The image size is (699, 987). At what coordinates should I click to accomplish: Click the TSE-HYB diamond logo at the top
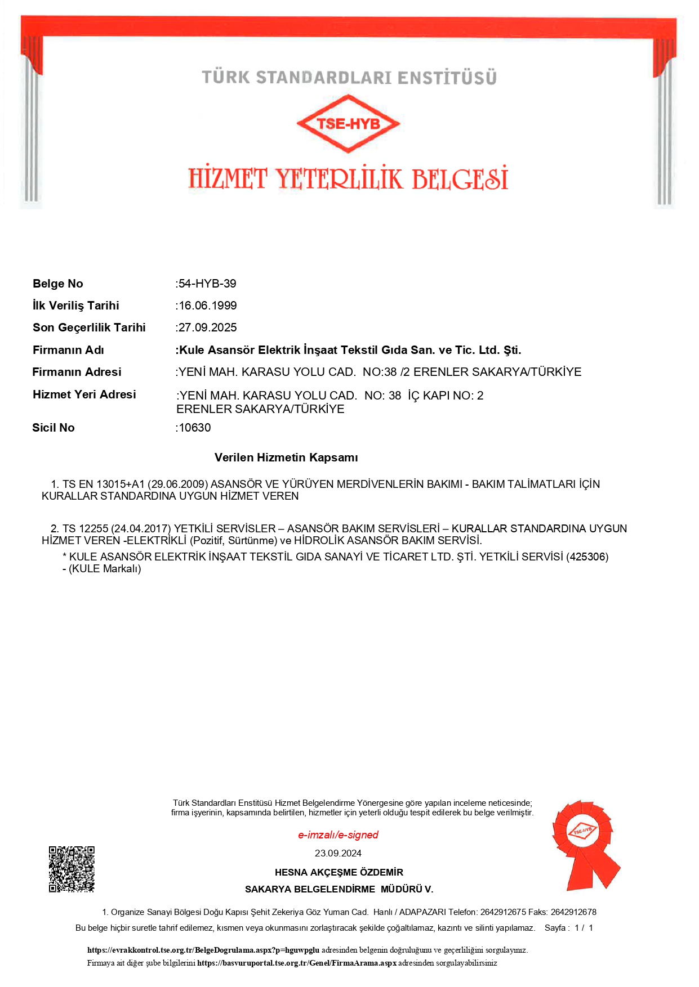coord(348,123)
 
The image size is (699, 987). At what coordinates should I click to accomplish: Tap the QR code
coord(72,869)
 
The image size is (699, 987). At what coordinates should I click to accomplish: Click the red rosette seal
coord(585,844)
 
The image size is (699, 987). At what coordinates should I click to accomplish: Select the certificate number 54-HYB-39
coord(207,284)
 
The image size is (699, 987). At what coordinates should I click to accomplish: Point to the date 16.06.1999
coord(208,306)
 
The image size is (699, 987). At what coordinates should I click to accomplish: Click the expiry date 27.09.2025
coord(208,327)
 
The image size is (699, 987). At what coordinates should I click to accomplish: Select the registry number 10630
coord(195,428)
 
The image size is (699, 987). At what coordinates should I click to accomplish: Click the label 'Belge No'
coord(58,284)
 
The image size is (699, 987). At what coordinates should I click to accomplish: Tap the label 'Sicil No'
coord(54,428)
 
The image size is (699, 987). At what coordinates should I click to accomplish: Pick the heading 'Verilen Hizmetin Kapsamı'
coord(286,457)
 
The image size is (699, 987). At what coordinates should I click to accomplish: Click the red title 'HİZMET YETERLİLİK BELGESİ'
coord(348,178)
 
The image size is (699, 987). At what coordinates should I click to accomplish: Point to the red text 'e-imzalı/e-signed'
coord(338,835)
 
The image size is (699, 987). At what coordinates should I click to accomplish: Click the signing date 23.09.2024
coord(338,853)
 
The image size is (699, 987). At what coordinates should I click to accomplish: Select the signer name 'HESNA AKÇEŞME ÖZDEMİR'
coord(339,872)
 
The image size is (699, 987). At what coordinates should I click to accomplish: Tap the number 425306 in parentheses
coord(587,557)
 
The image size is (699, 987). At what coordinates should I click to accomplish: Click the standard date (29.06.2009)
coord(178,484)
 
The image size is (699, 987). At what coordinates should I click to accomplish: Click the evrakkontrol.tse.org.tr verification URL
coord(203,950)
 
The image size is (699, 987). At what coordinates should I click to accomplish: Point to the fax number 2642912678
coord(573,912)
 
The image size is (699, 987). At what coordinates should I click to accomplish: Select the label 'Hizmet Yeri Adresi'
coord(84,394)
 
